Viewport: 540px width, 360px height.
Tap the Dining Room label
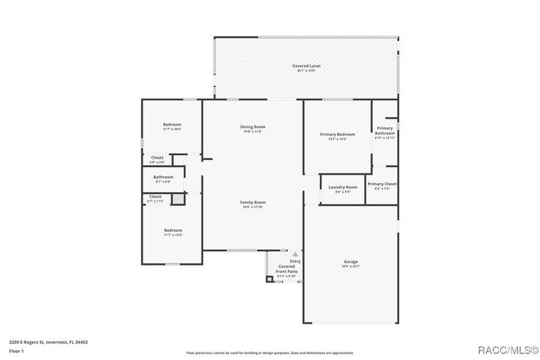pyautogui.click(x=253, y=127)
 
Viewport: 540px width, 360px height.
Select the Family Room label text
pyautogui.click(x=253, y=202)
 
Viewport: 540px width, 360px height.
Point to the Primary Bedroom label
pyautogui.click(x=337, y=134)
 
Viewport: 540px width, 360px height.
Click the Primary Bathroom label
pyautogui.click(x=385, y=131)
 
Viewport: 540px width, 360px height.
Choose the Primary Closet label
pyautogui.click(x=382, y=184)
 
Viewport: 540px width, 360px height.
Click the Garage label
pyautogui.click(x=350, y=261)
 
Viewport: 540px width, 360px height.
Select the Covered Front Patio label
pyautogui.click(x=286, y=269)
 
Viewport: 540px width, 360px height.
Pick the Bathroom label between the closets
pyautogui.click(x=163, y=177)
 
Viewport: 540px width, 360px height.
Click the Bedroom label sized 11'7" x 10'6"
pyautogui.click(x=172, y=125)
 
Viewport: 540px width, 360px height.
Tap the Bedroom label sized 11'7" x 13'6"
pyautogui.click(x=172, y=230)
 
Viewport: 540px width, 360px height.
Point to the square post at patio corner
pyautogui.click(x=270, y=279)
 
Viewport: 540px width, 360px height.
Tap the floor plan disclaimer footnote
pyautogui.click(x=270, y=352)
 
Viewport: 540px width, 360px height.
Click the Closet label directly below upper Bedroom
pyautogui.click(x=158, y=158)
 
